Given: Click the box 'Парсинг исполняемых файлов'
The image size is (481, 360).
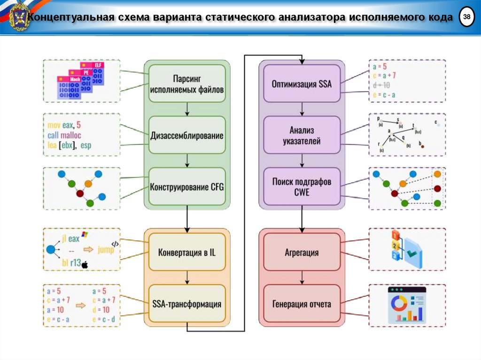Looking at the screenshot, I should point(187,83).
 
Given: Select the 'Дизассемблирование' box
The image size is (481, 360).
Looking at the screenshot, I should point(187,136).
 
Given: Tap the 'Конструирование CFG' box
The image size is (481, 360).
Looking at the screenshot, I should point(187,187).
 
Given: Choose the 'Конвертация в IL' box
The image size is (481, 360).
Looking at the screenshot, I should point(187,253).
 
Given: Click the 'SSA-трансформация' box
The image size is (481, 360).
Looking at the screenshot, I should point(187,304).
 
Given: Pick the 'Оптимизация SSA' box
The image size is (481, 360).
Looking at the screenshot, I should point(302,84).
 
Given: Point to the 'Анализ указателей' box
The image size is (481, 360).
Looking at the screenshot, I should point(302,135).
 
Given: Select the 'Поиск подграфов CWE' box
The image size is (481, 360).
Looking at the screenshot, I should point(302,187).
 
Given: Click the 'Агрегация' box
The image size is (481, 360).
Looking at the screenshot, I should point(302,253).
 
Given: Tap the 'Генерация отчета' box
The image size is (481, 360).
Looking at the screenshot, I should point(302,304).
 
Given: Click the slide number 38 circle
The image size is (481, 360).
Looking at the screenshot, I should point(466,17).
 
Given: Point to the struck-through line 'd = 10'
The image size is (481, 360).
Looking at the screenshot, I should point(381,85).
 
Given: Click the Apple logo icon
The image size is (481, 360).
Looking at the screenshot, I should point(85,265).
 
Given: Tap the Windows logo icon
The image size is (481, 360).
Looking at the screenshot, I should point(85,233).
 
